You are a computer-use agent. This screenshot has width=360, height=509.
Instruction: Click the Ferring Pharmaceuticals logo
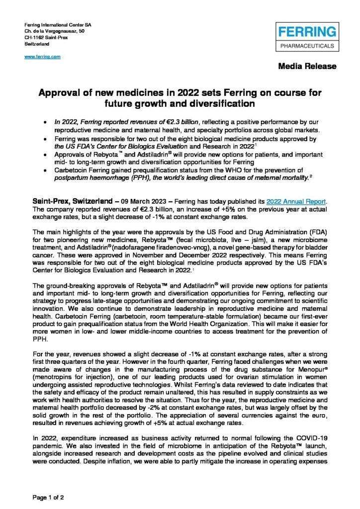307,38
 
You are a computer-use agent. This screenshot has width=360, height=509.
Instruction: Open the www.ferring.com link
42,57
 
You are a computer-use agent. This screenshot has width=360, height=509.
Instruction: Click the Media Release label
307,66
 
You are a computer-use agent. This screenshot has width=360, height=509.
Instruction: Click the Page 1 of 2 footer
48,497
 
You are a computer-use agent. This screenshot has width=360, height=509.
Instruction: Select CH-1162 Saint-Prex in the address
46,37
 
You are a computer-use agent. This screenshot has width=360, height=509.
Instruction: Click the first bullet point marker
46,122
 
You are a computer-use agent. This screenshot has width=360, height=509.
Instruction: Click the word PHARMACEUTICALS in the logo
307,45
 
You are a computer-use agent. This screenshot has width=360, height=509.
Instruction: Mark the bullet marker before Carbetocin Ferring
46,170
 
